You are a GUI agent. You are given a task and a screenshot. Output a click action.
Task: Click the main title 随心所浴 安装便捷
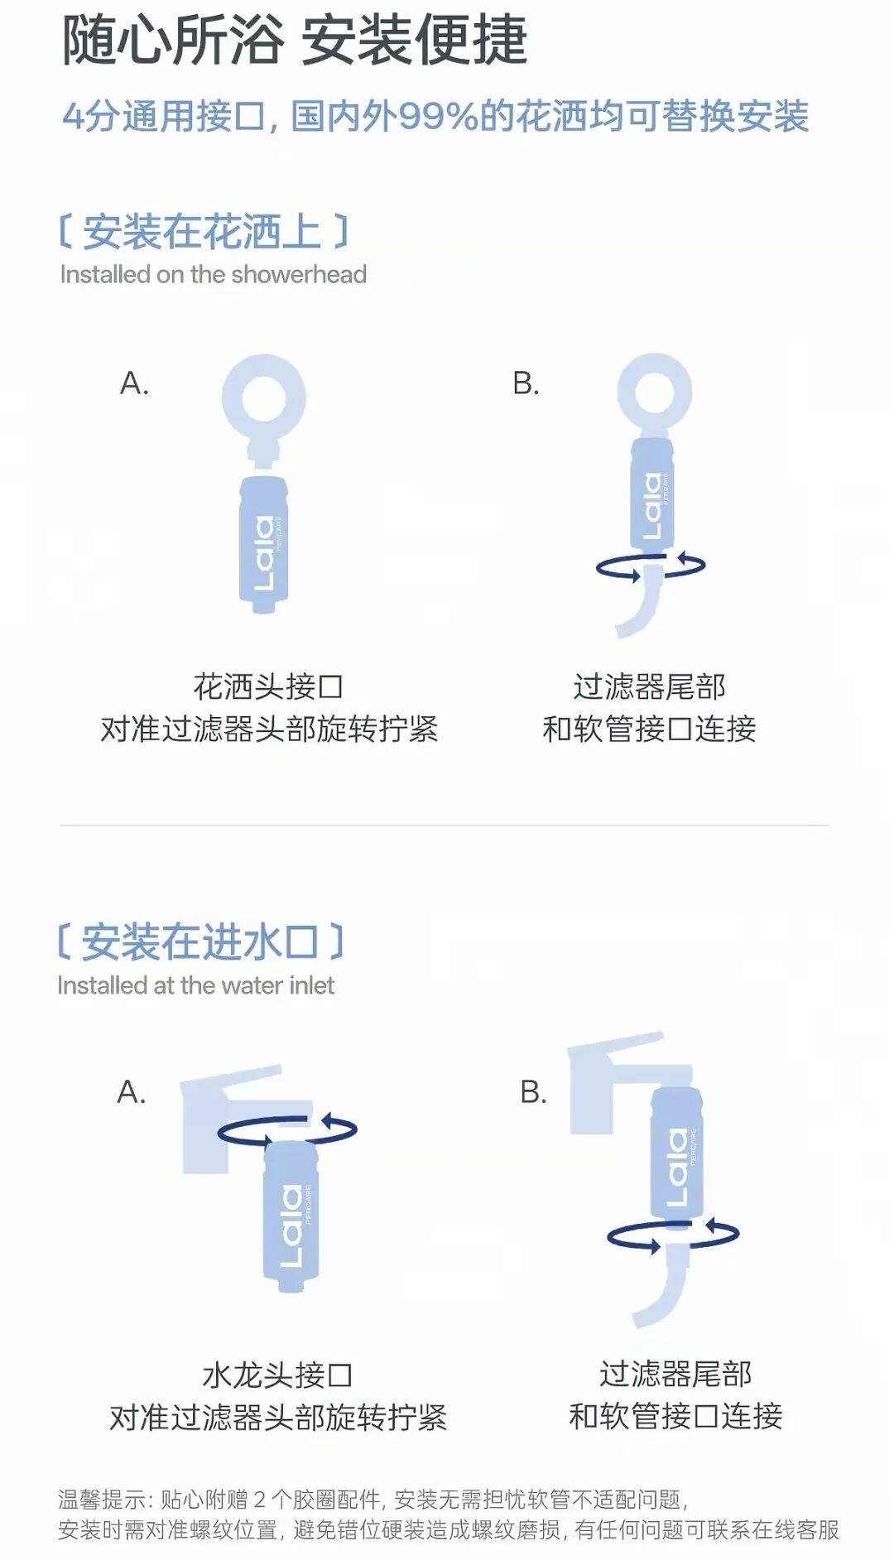tap(295, 40)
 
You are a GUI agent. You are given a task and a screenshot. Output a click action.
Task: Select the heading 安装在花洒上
tap(203, 231)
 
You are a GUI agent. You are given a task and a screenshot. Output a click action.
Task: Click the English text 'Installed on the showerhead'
tap(214, 274)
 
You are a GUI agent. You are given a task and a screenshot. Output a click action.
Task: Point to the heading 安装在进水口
tap(200, 941)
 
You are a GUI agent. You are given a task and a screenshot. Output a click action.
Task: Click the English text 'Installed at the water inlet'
tap(196, 985)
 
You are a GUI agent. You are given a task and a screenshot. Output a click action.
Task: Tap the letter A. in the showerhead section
tap(135, 383)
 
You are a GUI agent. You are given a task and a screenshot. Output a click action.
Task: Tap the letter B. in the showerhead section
tap(526, 383)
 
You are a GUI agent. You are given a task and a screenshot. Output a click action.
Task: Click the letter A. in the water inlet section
tap(132, 1092)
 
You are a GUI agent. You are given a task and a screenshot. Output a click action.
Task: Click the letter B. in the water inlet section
tap(534, 1092)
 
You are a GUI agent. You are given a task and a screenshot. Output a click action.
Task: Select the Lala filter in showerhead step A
tap(263, 544)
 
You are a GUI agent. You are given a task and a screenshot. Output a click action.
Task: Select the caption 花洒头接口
tap(268, 686)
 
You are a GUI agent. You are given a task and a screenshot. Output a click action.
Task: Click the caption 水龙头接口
tap(277, 1375)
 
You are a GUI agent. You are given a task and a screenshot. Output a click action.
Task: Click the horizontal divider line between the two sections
tap(444, 826)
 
